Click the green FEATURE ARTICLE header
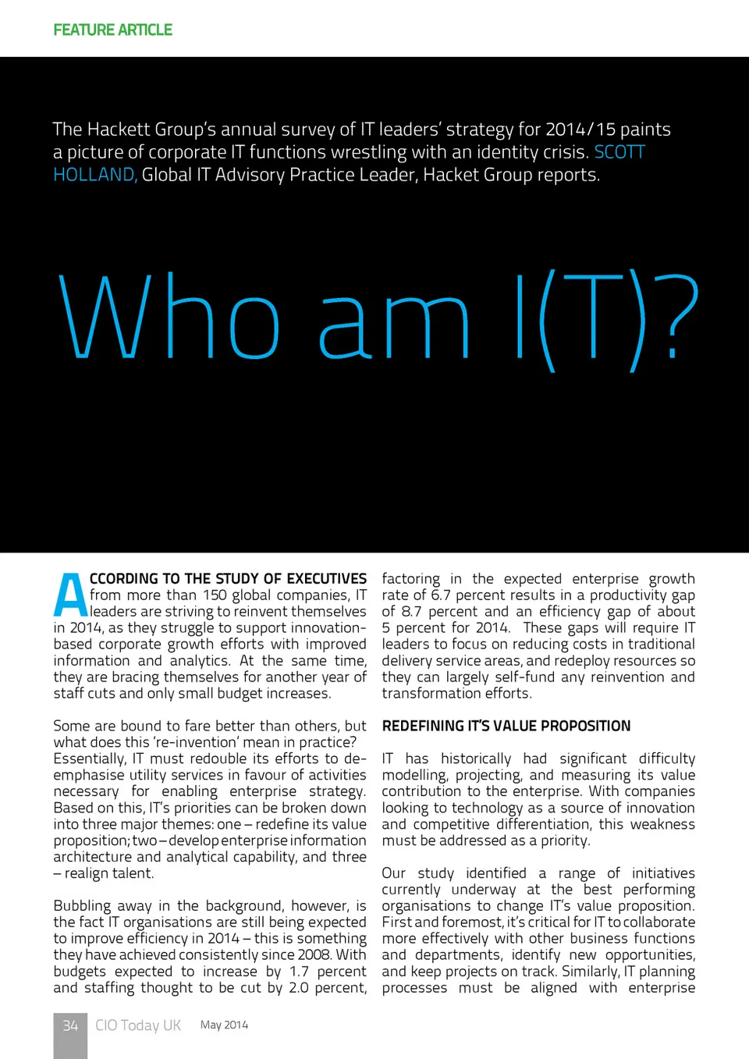click(113, 30)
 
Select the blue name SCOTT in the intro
click(619, 152)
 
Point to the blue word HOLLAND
click(94, 175)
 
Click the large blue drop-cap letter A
click(70, 595)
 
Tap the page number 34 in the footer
click(70, 1025)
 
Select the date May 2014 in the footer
click(224, 1025)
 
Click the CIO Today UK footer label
click(138, 1025)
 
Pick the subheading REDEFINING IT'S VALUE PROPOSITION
click(506, 726)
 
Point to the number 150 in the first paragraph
click(215, 595)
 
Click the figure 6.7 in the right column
click(440, 595)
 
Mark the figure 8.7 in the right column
click(411, 612)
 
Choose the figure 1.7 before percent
click(299, 972)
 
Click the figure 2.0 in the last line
click(299, 988)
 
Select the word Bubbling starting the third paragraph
click(82, 906)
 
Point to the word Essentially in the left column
click(89, 759)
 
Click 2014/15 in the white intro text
click(580, 130)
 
